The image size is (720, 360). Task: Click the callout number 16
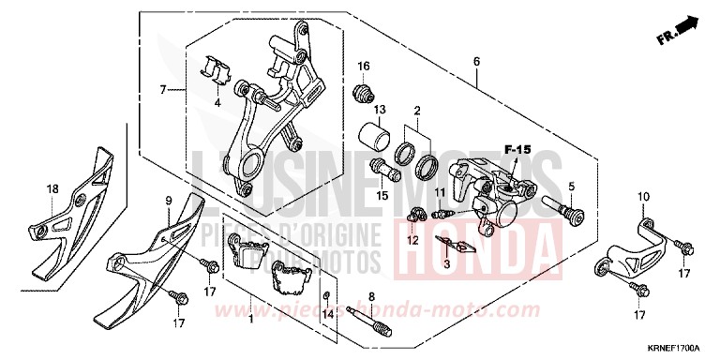364,66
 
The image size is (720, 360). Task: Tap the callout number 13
379,110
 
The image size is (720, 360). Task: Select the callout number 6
476,62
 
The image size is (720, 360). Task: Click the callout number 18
52,188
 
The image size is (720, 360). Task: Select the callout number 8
371,296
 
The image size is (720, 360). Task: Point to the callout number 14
327,316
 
